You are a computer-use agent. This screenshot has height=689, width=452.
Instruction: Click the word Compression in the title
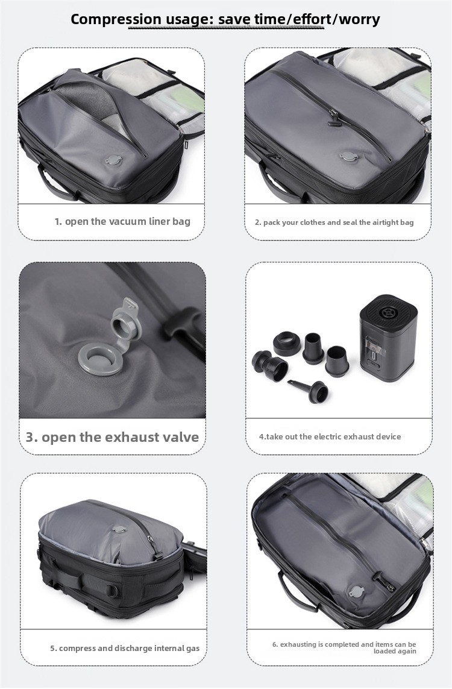pos(116,19)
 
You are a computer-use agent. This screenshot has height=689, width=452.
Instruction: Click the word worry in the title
pos(359,19)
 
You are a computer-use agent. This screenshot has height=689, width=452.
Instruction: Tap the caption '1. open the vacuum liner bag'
pos(122,221)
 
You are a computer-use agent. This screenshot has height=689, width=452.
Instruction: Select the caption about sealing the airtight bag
pos(334,222)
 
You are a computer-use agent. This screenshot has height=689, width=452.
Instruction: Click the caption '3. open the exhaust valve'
pos(112,437)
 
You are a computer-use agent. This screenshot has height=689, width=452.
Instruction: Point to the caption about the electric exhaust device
pos(330,437)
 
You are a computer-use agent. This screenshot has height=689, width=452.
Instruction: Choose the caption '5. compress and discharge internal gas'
pos(125,648)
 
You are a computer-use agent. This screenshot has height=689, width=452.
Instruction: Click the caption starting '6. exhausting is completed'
pos(344,647)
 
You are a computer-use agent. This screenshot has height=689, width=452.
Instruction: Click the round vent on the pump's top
pos(388,313)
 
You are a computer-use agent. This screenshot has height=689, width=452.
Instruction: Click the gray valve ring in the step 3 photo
pos(99,359)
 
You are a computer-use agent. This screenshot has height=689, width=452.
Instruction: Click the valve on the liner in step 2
pos(349,157)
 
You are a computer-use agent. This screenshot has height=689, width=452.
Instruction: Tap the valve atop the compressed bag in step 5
pos(119,529)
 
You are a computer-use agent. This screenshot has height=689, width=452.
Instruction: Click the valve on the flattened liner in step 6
pos(358,592)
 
